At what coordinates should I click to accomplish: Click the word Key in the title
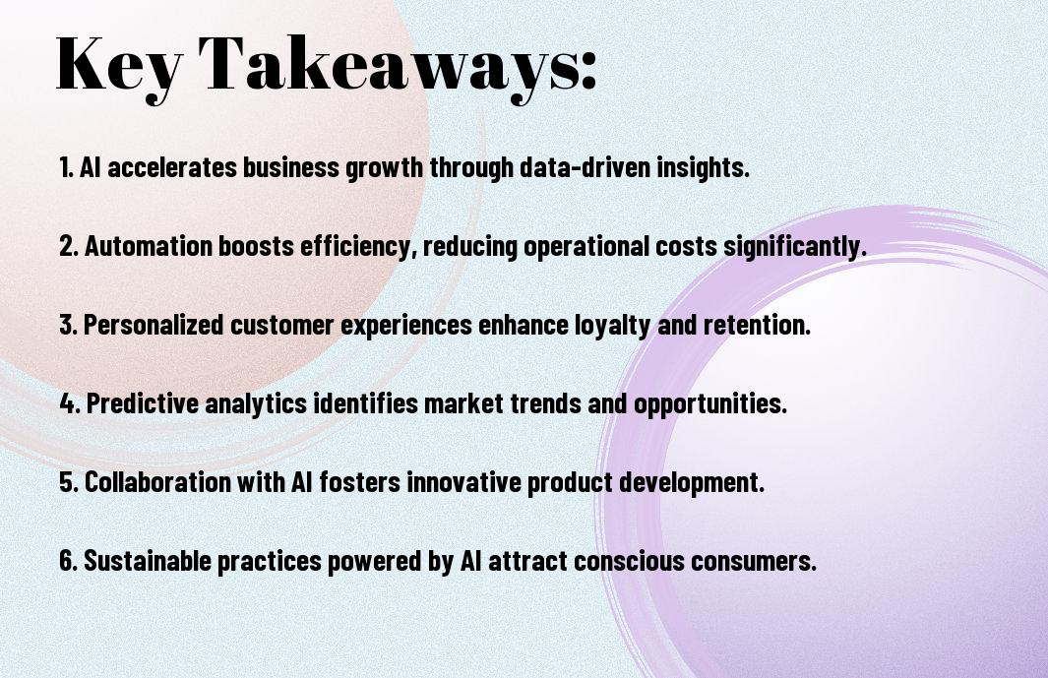click(x=118, y=66)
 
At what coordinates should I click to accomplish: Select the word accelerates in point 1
click(x=172, y=167)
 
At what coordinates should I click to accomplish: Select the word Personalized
click(x=154, y=325)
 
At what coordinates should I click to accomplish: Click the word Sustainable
click(x=148, y=561)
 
